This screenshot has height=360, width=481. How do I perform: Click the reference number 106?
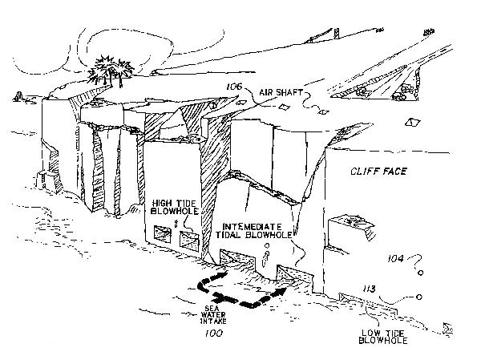coord(234,87)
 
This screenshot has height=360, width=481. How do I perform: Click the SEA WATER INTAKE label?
coord(208,315)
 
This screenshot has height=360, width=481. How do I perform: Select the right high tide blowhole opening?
coord(190,237)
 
